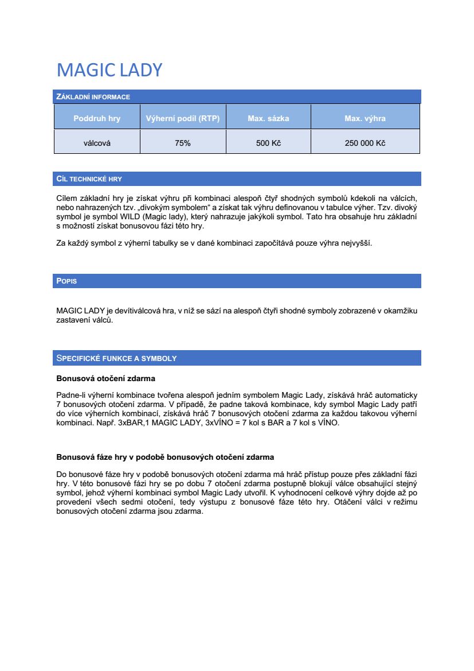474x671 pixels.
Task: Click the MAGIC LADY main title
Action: pyautogui.click(x=109, y=70)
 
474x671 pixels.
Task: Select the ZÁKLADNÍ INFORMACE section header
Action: pyautogui.click(x=93, y=97)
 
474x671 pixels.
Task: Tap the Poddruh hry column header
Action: pyautogui.click(x=97, y=119)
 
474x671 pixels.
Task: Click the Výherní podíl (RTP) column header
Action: pyautogui.click(x=183, y=119)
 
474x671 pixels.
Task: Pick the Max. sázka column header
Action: pyautogui.click(x=268, y=119)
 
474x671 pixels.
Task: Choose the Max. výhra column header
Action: pyautogui.click(x=365, y=119)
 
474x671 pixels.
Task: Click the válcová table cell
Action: pyautogui.click(x=97, y=143)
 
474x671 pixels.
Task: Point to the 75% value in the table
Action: pyautogui.click(x=183, y=143)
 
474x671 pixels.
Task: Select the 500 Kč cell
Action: pyautogui.click(x=268, y=143)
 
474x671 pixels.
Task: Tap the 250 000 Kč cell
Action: pyautogui.click(x=365, y=143)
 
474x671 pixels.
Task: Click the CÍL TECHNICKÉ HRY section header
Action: pyautogui.click(x=89, y=179)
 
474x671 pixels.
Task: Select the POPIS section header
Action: pyautogui.click(x=66, y=281)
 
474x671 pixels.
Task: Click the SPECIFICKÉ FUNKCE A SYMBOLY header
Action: pyautogui.click(x=116, y=358)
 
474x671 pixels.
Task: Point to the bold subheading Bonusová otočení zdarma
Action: pyautogui.click(x=105, y=378)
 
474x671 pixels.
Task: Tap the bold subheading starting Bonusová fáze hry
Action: pyautogui.click(x=165, y=457)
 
